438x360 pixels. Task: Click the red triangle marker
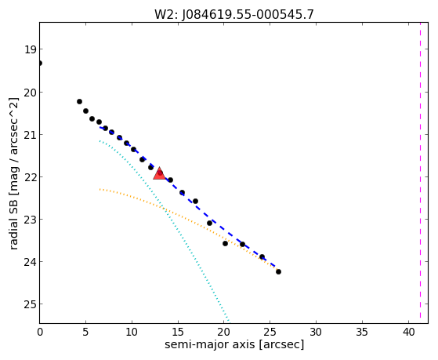[x=159, y=173]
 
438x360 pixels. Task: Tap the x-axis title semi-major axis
[x=234, y=344]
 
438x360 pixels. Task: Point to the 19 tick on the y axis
[x=31, y=49]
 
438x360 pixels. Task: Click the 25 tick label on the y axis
[x=31, y=304]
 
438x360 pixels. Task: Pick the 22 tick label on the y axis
[x=31, y=177]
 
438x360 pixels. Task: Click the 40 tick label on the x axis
[x=408, y=332]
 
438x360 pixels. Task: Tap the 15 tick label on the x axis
[x=178, y=332]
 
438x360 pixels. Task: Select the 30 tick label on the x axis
[x=316, y=332]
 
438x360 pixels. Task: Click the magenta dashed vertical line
[x=420, y=173]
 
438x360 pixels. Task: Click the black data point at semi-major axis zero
[x=40, y=63]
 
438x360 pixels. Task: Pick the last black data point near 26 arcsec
[x=278, y=271]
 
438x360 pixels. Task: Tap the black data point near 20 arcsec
[x=225, y=244]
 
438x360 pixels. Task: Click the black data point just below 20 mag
[x=79, y=101]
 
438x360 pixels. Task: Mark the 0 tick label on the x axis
[x=40, y=332]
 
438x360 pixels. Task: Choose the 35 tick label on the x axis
[x=362, y=332]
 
